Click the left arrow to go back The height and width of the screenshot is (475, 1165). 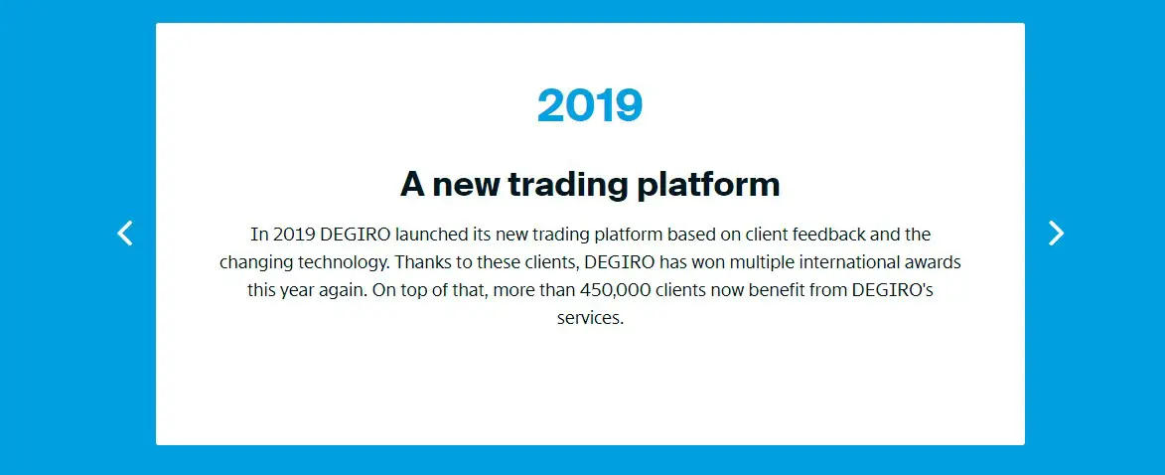tap(125, 234)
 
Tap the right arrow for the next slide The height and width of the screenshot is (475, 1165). tap(1056, 234)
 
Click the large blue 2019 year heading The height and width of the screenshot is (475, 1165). tap(590, 105)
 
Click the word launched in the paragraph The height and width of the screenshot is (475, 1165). tap(432, 235)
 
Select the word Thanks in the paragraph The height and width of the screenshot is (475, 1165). tap(420, 262)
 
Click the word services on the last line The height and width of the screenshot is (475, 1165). tap(590, 318)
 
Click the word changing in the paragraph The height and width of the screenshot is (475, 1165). tap(256, 263)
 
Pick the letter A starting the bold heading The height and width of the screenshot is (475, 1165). tap(412, 185)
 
